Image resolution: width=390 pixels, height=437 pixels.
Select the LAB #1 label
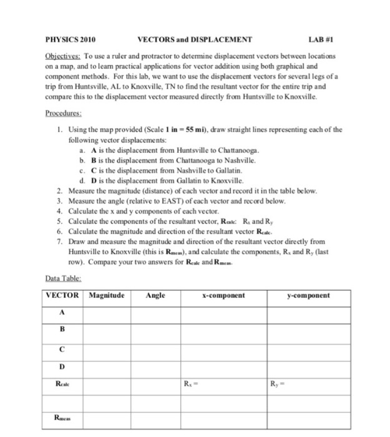(x=331, y=39)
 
